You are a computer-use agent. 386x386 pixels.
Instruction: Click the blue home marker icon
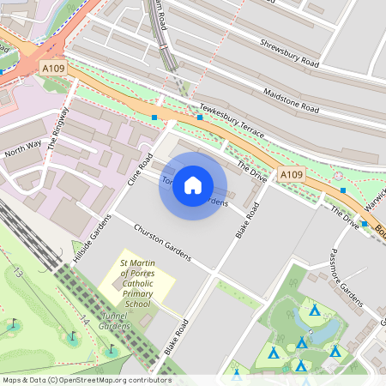pyautogui.click(x=193, y=185)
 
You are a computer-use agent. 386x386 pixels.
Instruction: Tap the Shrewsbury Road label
pyautogui.click(x=289, y=53)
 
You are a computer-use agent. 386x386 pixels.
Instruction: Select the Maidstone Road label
pyautogui.click(x=292, y=100)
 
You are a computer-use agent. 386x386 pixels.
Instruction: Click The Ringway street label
pyautogui.click(x=57, y=131)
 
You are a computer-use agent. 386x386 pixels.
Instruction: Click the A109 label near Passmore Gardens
pyautogui.click(x=292, y=174)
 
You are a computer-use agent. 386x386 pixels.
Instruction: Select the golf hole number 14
pyautogui.click(x=84, y=319)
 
